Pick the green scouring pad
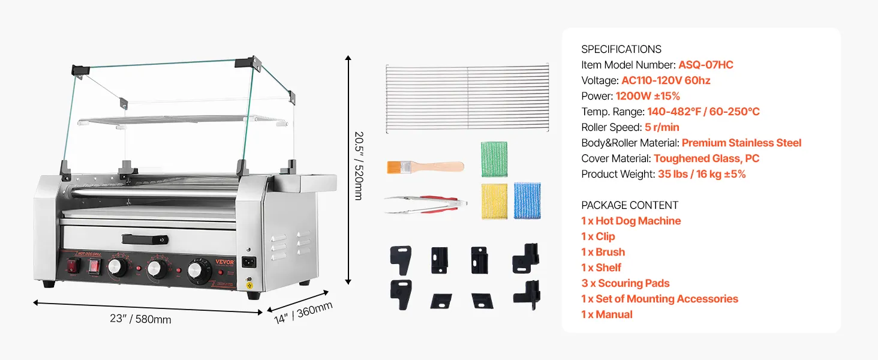point(494,158)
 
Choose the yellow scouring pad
point(494,201)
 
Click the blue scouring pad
point(527,201)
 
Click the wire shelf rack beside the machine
point(467,97)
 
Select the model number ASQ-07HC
point(705,65)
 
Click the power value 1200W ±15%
point(648,96)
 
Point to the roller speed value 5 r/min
point(662,127)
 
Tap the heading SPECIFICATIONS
point(621,49)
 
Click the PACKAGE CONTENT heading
point(630,205)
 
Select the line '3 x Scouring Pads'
point(625,283)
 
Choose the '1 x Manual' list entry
point(606,314)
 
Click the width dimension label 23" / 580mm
point(140,319)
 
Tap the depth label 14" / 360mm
point(303,313)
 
